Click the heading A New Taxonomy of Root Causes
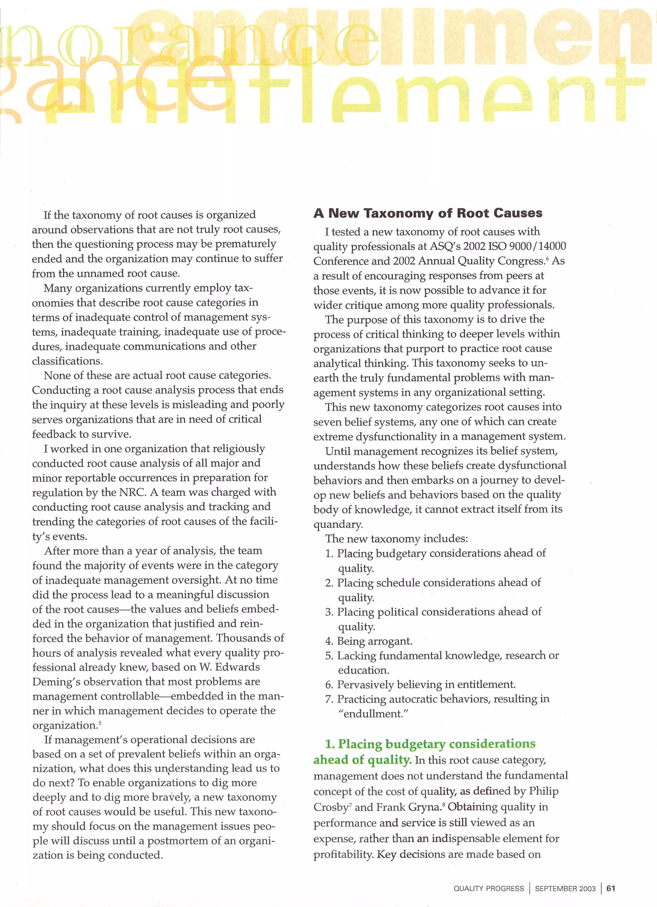click(428, 213)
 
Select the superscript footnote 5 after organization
click(99, 723)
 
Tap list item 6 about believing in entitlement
click(426, 685)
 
